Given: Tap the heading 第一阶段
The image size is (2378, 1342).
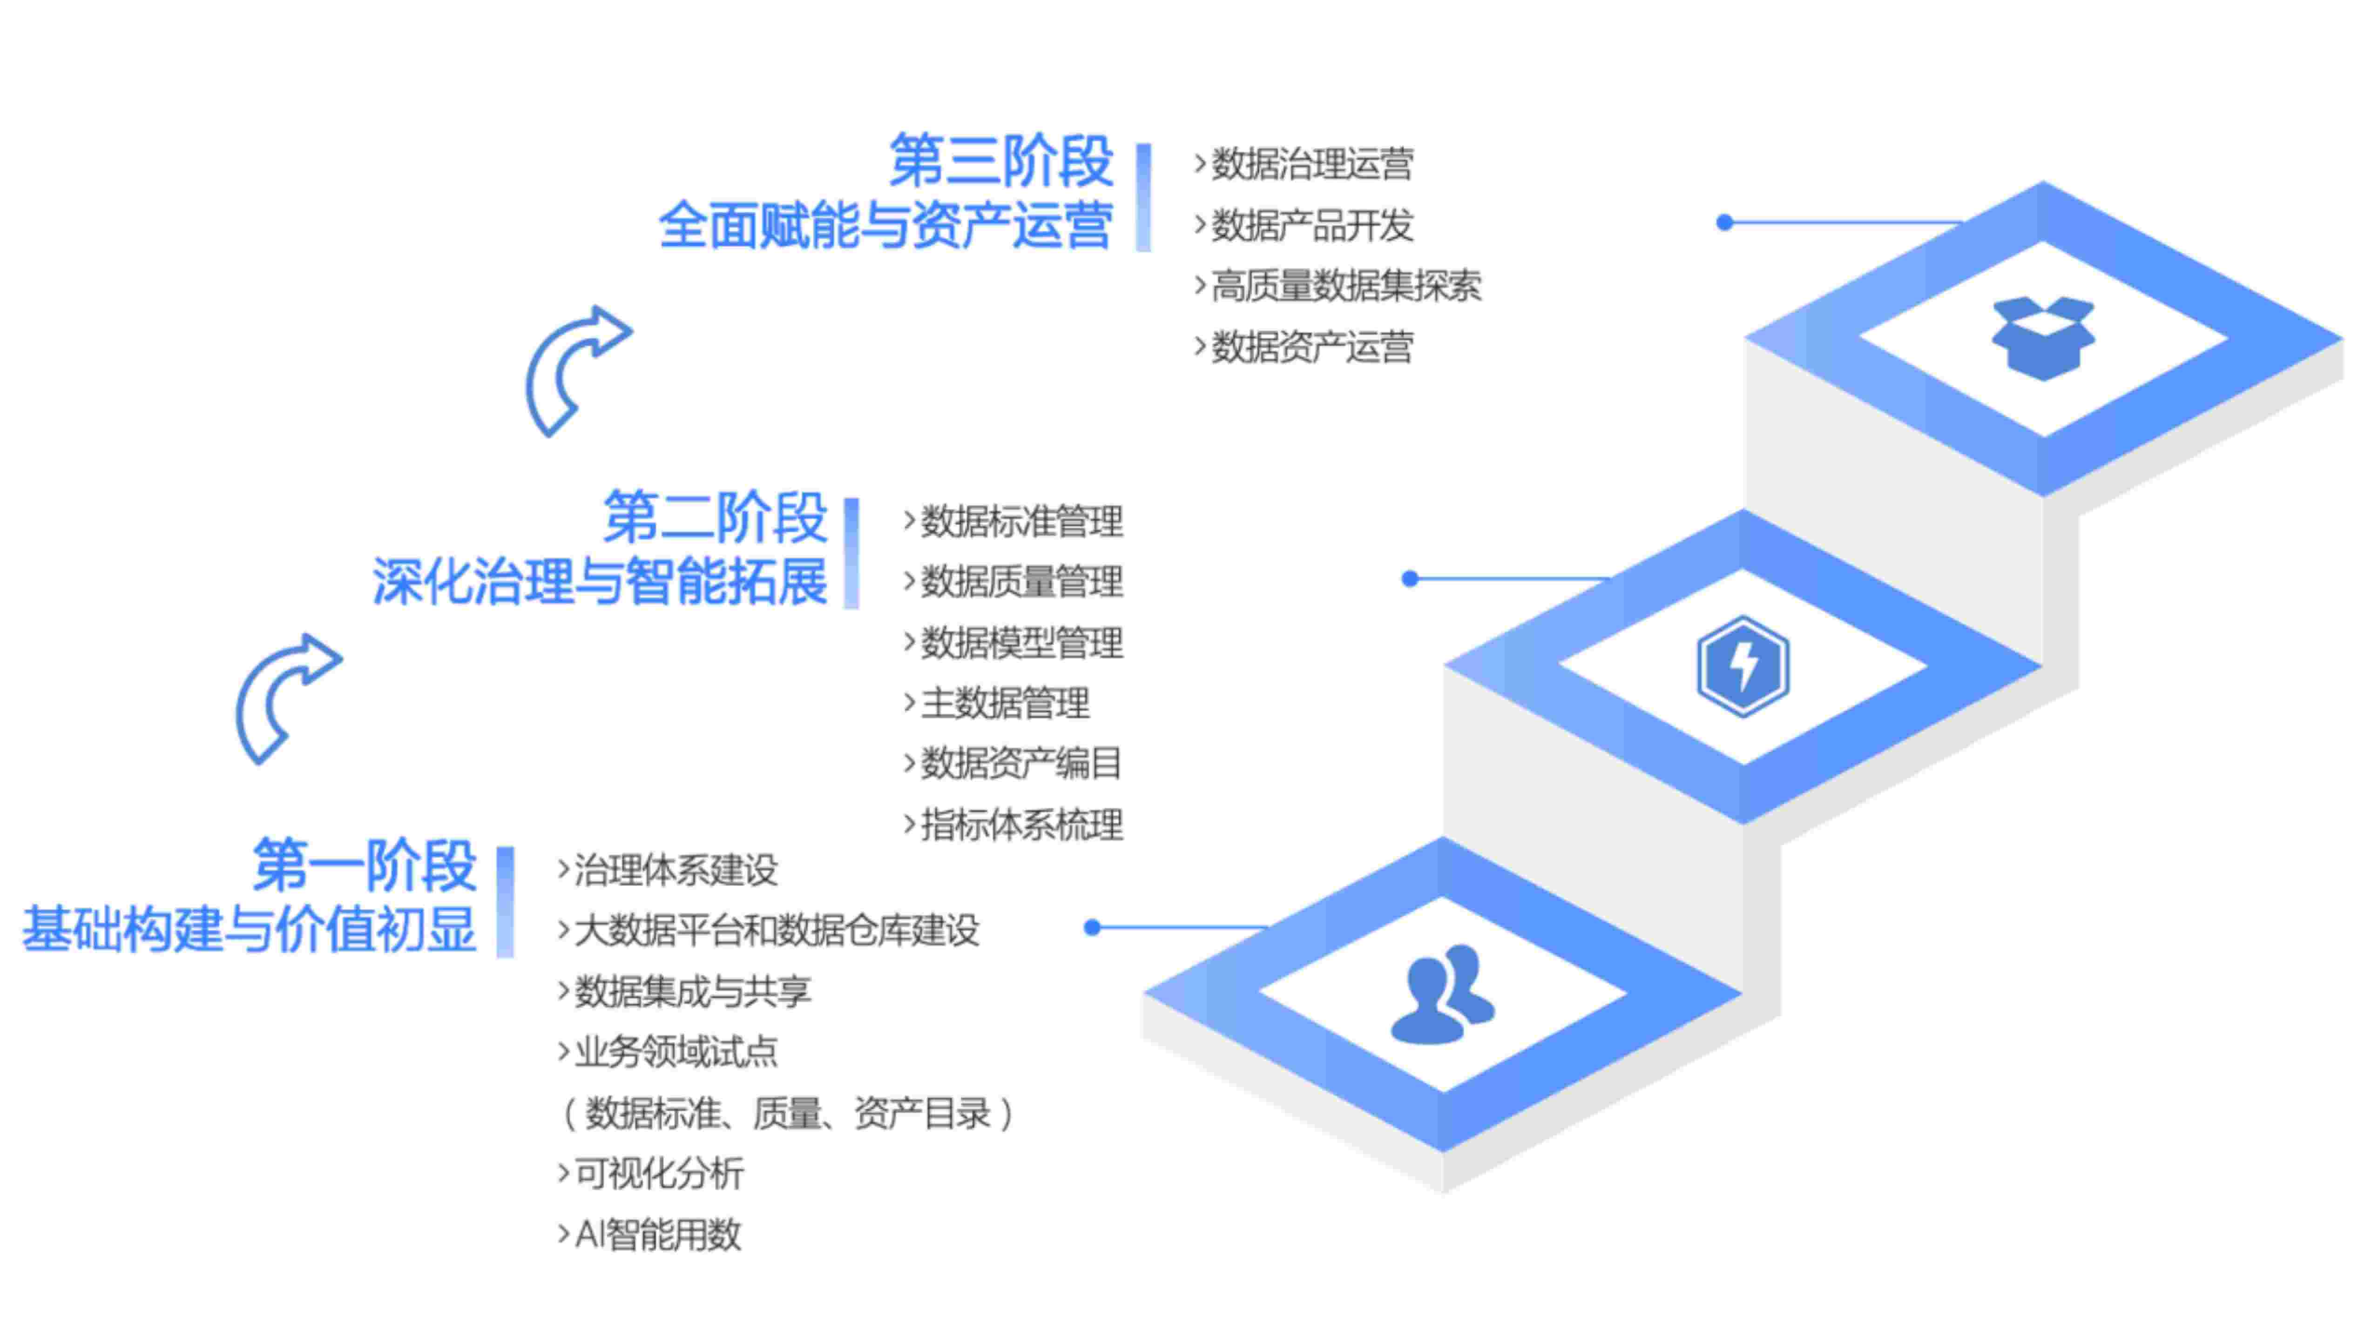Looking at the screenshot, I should pos(365,866).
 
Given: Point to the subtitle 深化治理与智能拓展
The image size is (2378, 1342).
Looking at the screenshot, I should pos(600,582).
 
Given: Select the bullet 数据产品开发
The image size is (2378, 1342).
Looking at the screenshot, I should pos(1311,225).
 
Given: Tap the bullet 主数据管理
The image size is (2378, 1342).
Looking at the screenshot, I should pos(1004,703).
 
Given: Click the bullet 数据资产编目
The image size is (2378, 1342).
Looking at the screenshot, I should pos(1020,763).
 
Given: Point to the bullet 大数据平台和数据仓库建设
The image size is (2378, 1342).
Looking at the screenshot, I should pos(776,930).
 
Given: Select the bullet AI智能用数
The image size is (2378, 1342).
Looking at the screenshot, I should pos(657,1234).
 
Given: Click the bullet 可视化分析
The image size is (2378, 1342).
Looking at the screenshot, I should pos(658,1173).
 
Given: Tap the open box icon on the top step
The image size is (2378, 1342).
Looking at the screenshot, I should pos(2043,338).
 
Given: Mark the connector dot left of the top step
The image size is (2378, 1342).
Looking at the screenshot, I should pos(1723,222).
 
